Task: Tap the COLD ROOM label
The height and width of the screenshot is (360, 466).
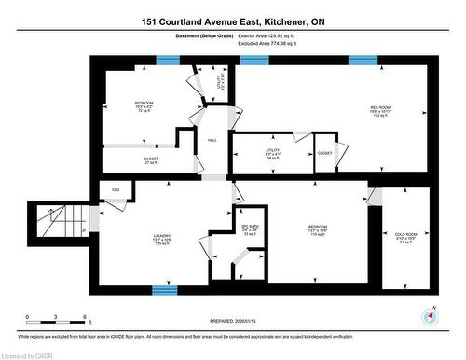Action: tap(405, 235)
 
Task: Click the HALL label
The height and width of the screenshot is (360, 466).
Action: tap(212, 140)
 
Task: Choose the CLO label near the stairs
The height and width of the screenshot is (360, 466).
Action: tap(116, 189)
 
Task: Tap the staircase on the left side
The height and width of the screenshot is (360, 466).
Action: tap(55, 224)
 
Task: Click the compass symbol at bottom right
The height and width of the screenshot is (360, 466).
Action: tap(429, 315)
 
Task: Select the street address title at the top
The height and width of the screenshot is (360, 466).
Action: tap(233, 21)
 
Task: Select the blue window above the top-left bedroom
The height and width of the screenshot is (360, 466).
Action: tap(168, 60)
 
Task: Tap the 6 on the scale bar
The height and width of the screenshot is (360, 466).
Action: tap(85, 318)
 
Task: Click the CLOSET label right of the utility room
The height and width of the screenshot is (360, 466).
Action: tap(324, 152)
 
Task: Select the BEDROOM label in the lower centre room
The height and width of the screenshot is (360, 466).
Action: tap(319, 227)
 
